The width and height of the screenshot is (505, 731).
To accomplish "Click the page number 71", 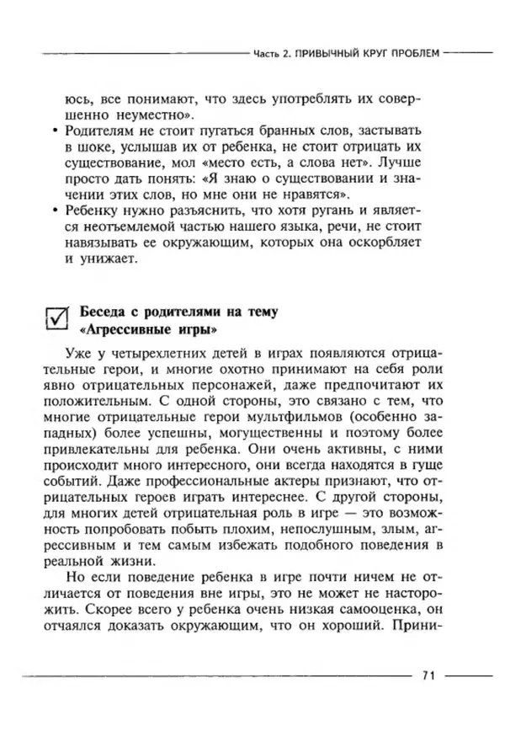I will click(x=428, y=675).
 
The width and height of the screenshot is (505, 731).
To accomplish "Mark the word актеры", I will click(x=277, y=490).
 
